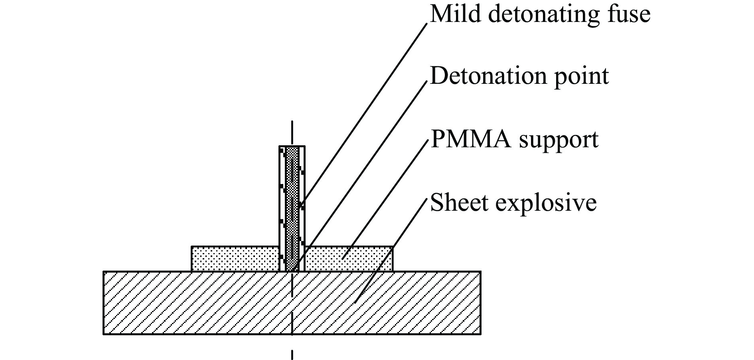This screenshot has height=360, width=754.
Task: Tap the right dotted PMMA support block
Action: coord(349,259)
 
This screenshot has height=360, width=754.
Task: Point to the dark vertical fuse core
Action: coord(292,208)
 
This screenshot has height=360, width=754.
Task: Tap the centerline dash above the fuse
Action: coord(292,133)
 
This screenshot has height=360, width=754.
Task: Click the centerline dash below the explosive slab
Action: coord(292,354)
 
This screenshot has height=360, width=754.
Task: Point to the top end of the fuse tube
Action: coord(292,147)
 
